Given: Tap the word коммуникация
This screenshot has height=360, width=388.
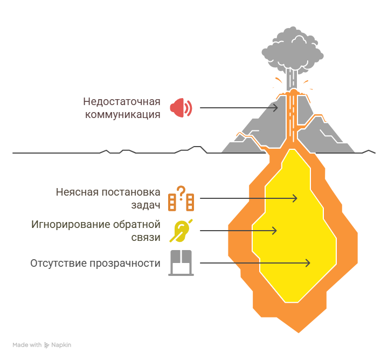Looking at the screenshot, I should [123, 114].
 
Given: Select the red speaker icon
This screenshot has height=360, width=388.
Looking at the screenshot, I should [181, 108].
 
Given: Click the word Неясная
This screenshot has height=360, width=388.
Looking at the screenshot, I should [73, 192].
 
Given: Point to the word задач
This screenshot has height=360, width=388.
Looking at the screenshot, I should [145, 205].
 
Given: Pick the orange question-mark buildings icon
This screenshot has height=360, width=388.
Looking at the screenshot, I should [181, 198].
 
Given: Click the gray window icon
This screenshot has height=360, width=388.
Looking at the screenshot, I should [181, 263].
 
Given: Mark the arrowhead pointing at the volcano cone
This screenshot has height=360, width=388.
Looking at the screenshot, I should [276, 108].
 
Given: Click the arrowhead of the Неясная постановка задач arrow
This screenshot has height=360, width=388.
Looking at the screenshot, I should [295, 198].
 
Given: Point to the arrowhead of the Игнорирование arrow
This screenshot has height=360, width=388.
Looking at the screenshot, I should [274, 231].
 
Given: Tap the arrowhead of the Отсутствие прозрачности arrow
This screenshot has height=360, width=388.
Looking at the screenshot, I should [308, 263].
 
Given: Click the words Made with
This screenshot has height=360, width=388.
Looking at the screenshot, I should [27, 345].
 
